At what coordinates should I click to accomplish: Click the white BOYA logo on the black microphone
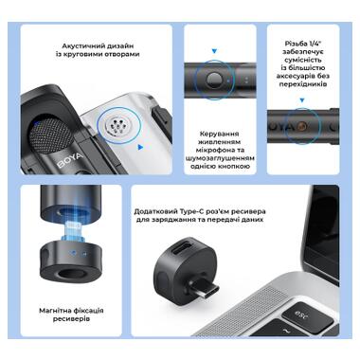pos(70,160)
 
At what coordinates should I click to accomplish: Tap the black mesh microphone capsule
pos(49,136)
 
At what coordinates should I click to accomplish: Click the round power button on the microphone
pos(214,81)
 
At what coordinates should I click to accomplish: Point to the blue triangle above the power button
pos(214,51)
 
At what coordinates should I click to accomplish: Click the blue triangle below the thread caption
pos(302,100)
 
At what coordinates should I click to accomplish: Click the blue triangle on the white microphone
pos(140,147)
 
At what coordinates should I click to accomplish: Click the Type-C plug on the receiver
pos(207,290)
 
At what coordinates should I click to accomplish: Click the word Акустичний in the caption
pos(80,46)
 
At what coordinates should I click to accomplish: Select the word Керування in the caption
pos(219,134)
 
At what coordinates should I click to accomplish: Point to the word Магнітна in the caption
pos(55,311)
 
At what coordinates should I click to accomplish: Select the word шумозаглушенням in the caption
pos(220,158)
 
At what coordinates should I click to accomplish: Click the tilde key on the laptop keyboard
pos(287,331)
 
